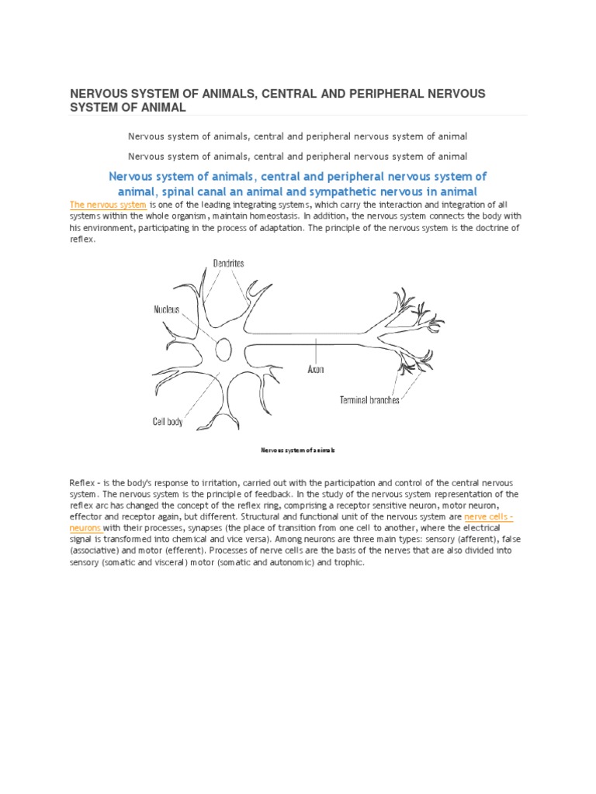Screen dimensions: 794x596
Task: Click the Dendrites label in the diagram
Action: (x=228, y=264)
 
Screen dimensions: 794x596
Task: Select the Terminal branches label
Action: (x=369, y=400)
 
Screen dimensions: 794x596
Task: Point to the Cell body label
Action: (x=168, y=422)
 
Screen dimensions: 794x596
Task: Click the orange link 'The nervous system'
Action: (x=108, y=205)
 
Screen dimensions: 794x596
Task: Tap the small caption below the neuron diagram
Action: (x=297, y=450)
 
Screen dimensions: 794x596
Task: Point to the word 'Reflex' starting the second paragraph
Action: (x=82, y=483)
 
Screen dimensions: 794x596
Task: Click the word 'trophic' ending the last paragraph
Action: (x=348, y=562)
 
